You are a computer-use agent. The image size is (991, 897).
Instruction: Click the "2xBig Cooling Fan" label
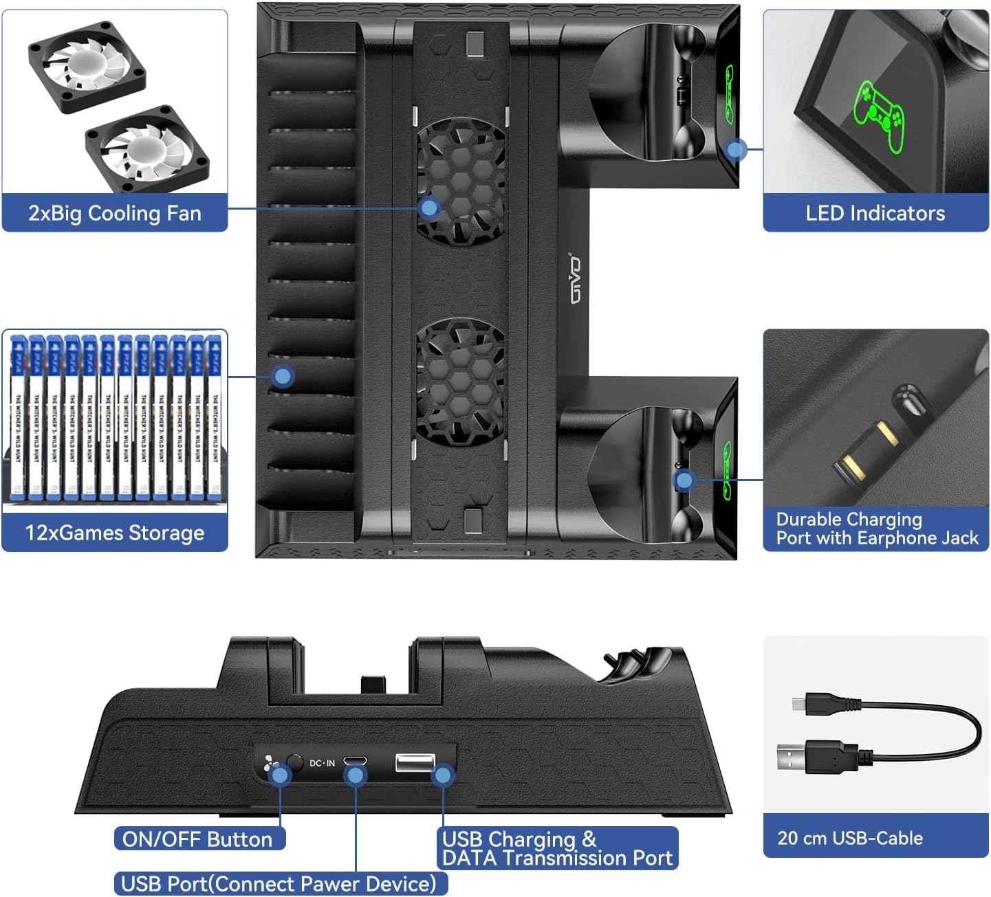pyautogui.click(x=114, y=213)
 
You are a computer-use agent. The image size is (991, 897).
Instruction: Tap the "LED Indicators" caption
pyautogui.click(x=875, y=213)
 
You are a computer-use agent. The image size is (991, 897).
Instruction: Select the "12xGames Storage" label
pyautogui.click(x=114, y=533)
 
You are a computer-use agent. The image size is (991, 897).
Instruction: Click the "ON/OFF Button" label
pyautogui.click(x=197, y=839)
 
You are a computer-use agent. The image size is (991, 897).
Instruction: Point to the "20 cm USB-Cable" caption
pyautogui.click(x=850, y=838)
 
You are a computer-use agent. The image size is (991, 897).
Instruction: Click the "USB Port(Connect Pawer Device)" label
pyautogui.click(x=279, y=883)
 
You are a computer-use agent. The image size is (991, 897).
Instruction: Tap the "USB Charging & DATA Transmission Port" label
pyautogui.click(x=557, y=849)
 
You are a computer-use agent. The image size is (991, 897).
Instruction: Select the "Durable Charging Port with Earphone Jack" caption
pyautogui.click(x=876, y=529)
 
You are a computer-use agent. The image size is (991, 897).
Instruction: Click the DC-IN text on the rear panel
pyautogui.click(x=322, y=763)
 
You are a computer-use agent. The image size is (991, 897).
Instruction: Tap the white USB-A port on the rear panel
pyautogui.click(x=415, y=762)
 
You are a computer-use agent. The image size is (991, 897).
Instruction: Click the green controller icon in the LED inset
pyautogui.click(x=879, y=115)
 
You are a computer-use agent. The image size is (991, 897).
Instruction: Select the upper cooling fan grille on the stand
pyautogui.click(x=461, y=182)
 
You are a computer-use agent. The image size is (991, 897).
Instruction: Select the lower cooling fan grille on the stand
pyautogui.click(x=461, y=381)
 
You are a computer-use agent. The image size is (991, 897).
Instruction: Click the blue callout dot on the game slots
pyautogui.click(x=283, y=376)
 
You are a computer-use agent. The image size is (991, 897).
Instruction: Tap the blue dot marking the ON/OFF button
pyautogui.click(x=280, y=776)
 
